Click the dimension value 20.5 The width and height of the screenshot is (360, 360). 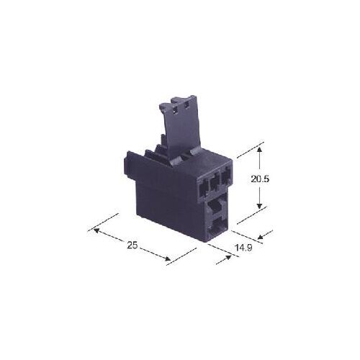[x=260, y=179]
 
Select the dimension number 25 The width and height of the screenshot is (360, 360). [x=132, y=246]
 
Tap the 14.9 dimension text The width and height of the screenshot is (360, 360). [x=243, y=248]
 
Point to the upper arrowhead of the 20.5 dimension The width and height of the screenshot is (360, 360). [x=259, y=150]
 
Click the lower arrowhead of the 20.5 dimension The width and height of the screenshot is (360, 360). [x=259, y=205]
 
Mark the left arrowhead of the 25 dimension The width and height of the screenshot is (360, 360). [x=96, y=230]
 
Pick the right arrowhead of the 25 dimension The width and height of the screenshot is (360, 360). [x=167, y=258]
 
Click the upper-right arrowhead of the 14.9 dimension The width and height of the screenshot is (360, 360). [x=261, y=237]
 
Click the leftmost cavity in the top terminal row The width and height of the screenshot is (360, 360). [x=203, y=189]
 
